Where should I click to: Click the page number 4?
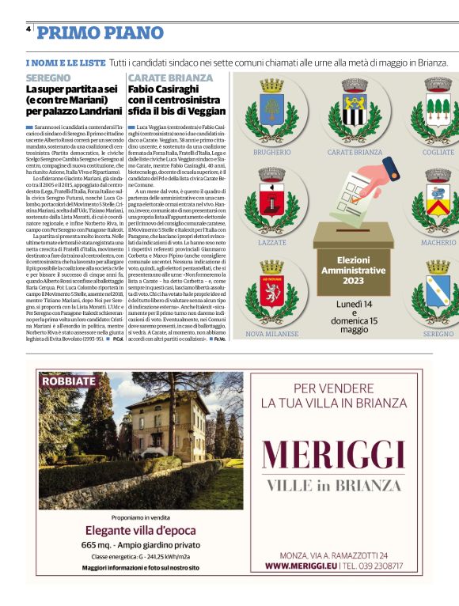(28, 28)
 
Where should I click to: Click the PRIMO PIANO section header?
(101, 32)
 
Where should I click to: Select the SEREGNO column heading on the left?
(47, 78)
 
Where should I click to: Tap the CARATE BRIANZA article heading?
(170, 78)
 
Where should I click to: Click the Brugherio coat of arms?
(272, 109)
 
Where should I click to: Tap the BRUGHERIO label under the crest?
(272, 151)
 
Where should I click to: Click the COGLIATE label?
(438, 151)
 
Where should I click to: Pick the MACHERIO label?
(438, 243)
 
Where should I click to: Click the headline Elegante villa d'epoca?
(135, 529)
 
